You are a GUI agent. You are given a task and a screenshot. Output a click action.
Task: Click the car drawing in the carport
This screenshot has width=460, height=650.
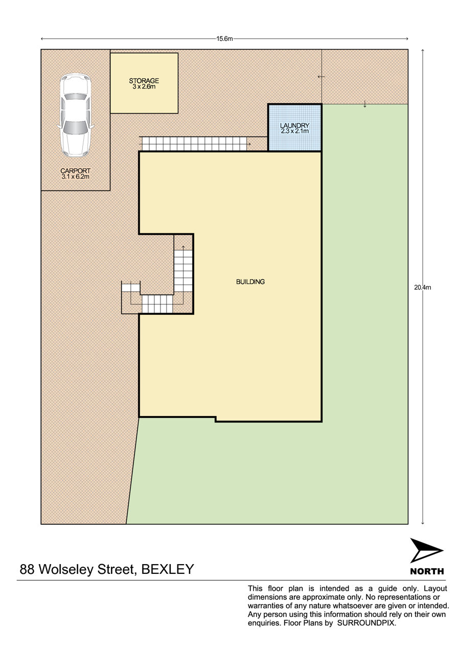click(x=76, y=115)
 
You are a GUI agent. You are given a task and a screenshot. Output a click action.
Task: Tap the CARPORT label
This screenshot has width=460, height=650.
click(x=76, y=171)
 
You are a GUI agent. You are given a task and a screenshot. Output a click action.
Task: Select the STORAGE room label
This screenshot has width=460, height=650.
click(x=144, y=81)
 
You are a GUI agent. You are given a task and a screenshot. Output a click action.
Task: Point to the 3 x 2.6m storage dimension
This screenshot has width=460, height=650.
click(x=144, y=87)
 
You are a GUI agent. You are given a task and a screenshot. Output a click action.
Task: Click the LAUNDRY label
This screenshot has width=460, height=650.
click(x=294, y=125)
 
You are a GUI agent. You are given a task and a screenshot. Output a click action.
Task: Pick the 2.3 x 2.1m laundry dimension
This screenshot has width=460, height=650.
click(x=294, y=131)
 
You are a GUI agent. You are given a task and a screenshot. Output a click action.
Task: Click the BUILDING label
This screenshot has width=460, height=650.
click(x=250, y=282)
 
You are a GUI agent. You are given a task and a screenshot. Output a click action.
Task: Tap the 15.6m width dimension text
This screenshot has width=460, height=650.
click(x=224, y=39)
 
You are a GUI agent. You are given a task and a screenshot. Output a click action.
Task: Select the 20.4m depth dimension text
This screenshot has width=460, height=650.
click(x=423, y=288)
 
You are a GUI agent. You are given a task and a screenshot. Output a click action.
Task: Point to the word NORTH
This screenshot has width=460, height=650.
click(x=427, y=571)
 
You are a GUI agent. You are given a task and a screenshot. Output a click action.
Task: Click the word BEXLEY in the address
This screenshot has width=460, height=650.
click(x=168, y=569)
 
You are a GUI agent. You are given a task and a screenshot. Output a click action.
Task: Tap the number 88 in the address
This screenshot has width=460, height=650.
click(x=27, y=569)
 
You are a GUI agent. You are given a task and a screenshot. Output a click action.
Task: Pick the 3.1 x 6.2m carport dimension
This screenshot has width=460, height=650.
click(x=76, y=177)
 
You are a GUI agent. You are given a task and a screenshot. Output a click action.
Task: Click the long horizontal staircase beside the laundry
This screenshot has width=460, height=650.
click(x=194, y=144)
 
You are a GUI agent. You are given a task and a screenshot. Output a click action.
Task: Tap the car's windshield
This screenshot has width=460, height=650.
click(x=75, y=127)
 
